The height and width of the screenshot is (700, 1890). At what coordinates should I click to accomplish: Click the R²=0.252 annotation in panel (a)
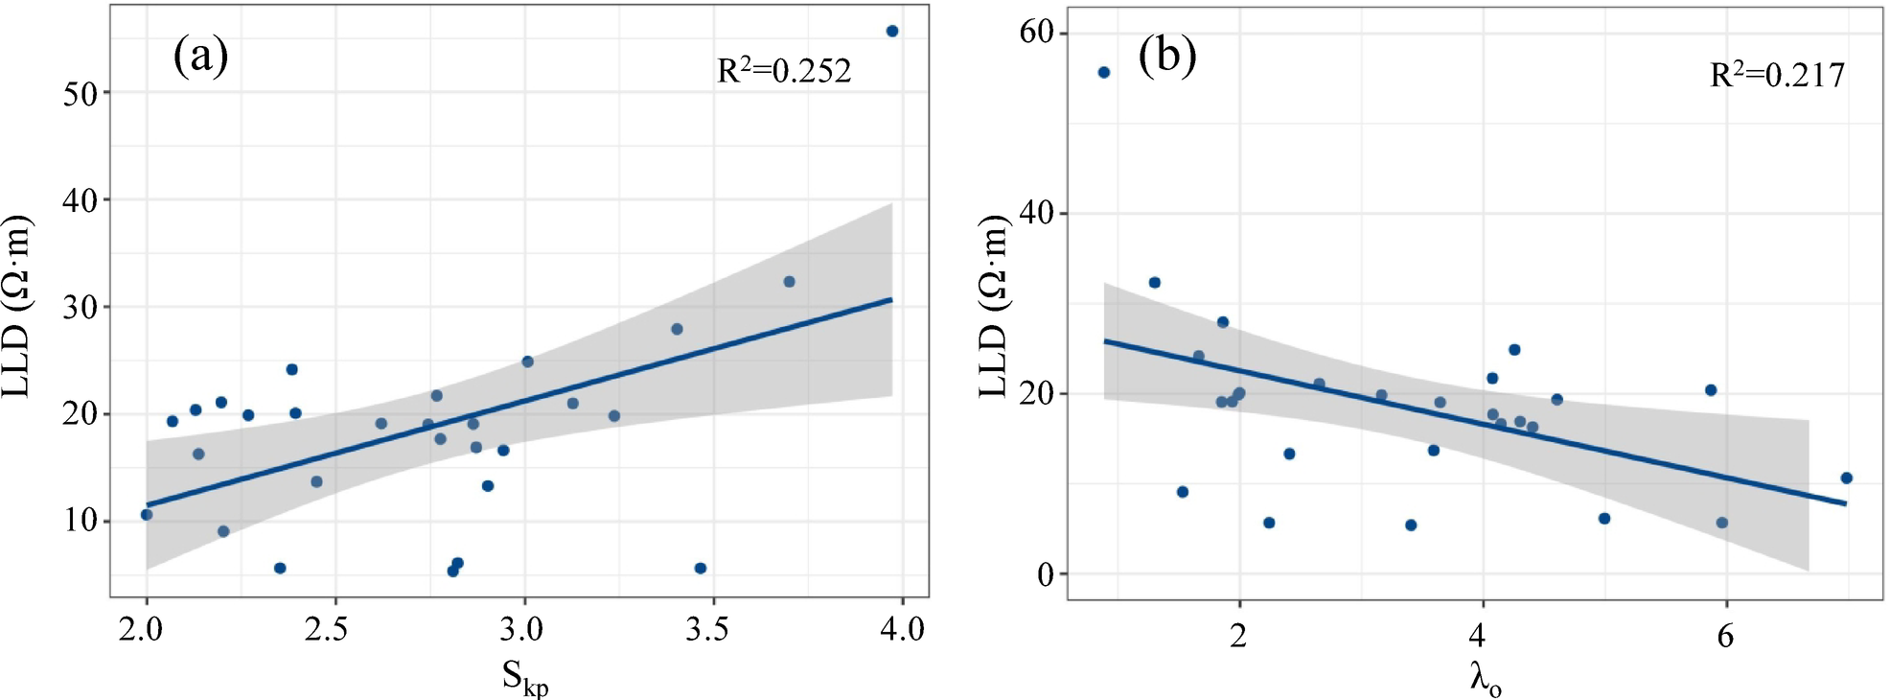(784, 71)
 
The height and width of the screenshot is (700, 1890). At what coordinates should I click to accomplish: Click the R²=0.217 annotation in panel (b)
(1777, 76)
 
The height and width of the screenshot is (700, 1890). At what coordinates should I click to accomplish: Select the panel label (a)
(200, 56)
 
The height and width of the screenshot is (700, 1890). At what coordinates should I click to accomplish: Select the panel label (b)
(1166, 56)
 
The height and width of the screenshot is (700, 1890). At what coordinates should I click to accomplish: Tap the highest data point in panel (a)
(891, 32)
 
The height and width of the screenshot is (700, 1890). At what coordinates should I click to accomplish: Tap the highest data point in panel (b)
(1103, 73)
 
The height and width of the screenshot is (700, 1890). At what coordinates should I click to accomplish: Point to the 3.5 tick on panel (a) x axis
(706, 630)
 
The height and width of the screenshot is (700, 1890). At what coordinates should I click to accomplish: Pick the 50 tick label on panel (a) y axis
(81, 94)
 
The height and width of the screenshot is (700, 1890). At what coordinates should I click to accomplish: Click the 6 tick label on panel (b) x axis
(1725, 636)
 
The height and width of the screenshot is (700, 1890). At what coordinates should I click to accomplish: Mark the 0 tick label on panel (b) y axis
(1046, 575)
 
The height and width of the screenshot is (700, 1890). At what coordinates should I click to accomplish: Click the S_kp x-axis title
(524, 678)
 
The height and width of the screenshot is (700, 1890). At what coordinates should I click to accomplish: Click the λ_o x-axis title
(1485, 679)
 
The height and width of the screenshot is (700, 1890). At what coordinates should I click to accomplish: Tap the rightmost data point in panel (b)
(1846, 478)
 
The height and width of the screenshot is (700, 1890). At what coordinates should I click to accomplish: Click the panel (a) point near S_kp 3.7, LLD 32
(789, 282)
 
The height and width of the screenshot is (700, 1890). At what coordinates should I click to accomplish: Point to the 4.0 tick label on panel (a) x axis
(902, 630)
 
